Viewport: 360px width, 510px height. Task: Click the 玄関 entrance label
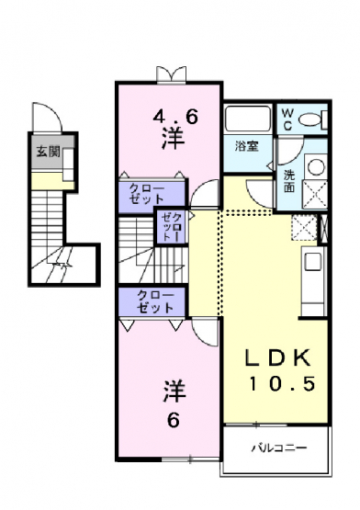(x=48, y=152)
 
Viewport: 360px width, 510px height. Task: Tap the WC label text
(x=287, y=119)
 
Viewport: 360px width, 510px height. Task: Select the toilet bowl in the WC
(x=309, y=119)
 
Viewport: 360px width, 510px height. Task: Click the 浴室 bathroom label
(x=247, y=146)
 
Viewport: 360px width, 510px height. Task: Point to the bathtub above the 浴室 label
(x=248, y=119)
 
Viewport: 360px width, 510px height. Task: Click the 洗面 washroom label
(x=288, y=181)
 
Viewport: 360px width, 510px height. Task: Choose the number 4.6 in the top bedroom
(x=175, y=117)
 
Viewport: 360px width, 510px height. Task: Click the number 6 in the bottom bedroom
(x=174, y=421)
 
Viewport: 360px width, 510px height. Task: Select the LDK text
(x=277, y=357)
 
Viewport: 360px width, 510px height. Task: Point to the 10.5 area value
(x=282, y=383)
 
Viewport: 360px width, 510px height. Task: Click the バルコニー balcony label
(x=279, y=448)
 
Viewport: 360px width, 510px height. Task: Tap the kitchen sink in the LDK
(x=313, y=262)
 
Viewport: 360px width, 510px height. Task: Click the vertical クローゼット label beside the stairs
(x=172, y=226)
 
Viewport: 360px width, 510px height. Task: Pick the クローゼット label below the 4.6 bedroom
(x=146, y=194)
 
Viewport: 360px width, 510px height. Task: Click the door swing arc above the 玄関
(x=48, y=114)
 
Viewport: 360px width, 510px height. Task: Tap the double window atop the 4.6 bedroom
(x=172, y=74)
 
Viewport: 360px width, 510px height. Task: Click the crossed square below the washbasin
(x=315, y=194)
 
